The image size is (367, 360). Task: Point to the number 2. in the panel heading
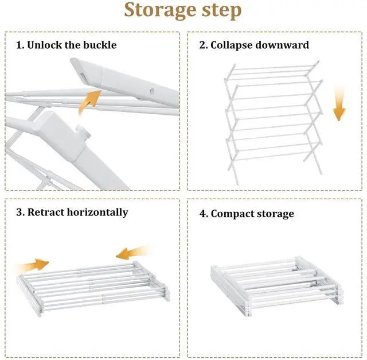click(203, 45)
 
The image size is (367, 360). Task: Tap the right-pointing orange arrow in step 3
click(32, 265)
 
